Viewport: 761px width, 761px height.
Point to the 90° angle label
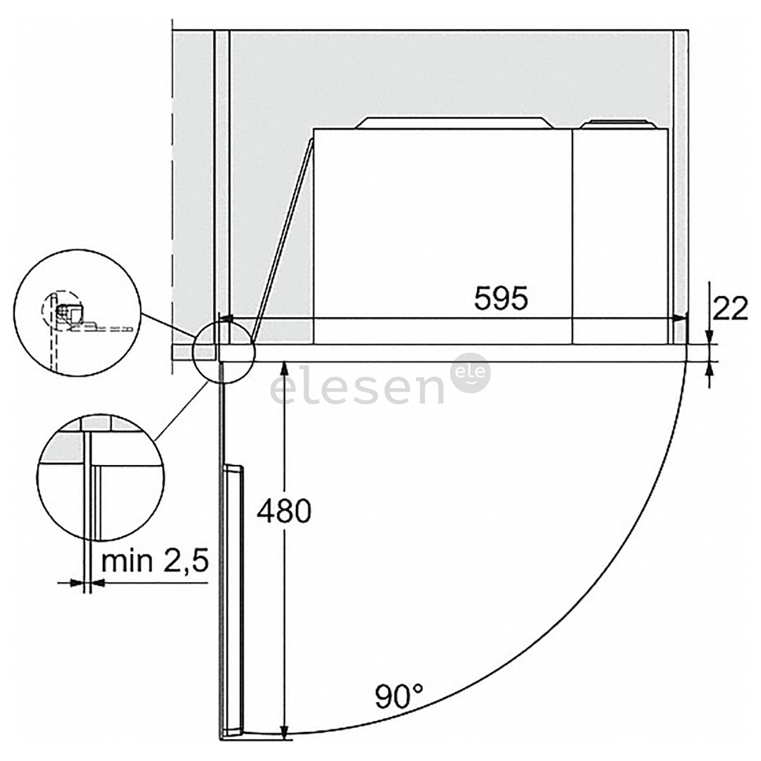(399, 695)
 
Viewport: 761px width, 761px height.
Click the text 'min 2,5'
(155, 561)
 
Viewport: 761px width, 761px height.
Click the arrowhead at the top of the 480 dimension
(285, 368)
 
